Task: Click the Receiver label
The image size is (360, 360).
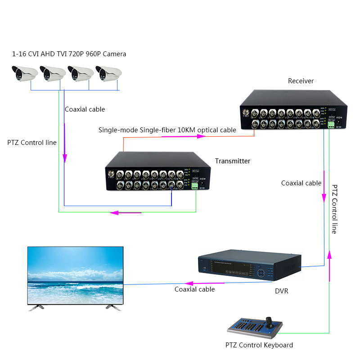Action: tap(301, 81)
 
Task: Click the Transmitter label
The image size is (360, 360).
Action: tap(232, 161)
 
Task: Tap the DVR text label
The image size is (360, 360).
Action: tap(281, 291)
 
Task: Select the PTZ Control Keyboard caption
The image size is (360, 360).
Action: tap(259, 345)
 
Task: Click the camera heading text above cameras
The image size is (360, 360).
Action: tap(69, 54)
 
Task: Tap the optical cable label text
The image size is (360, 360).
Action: tap(167, 130)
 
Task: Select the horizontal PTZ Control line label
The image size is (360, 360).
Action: tap(32, 143)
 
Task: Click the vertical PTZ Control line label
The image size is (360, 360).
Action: tap(334, 209)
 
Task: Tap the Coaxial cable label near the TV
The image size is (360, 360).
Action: tap(194, 289)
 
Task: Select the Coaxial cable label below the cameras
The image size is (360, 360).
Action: tap(85, 109)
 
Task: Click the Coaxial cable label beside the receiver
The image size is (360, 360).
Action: tap(301, 183)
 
